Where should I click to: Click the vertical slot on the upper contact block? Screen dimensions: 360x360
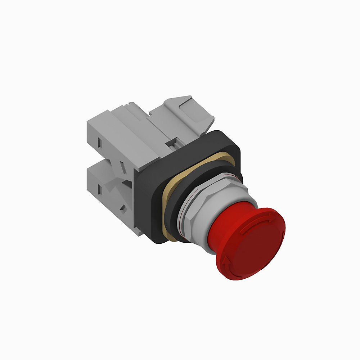[x=100, y=144]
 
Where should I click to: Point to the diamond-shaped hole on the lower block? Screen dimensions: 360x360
[x=123, y=208]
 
